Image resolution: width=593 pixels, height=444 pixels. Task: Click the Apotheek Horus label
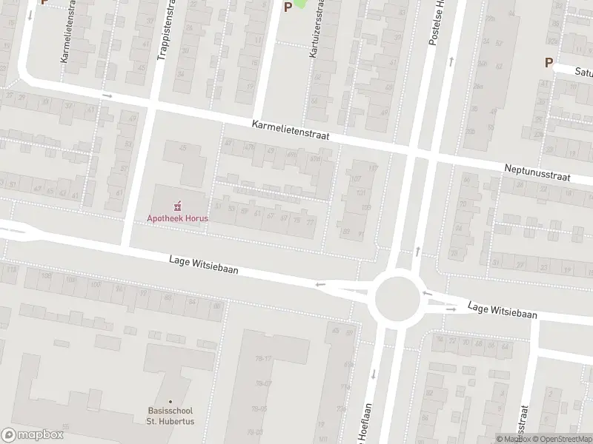click(178, 219)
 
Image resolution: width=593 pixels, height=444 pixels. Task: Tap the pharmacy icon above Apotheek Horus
click(178, 205)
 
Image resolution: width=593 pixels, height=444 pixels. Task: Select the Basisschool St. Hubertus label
click(170, 415)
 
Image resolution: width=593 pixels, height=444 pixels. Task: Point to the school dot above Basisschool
click(170, 401)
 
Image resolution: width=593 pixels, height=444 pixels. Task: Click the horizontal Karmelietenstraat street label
click(290, 131)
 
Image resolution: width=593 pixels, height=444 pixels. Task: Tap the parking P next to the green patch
click(288, 7)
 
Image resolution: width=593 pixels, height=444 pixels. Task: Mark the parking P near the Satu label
click(549, 64)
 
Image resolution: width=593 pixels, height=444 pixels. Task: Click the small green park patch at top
click(300, 4)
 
